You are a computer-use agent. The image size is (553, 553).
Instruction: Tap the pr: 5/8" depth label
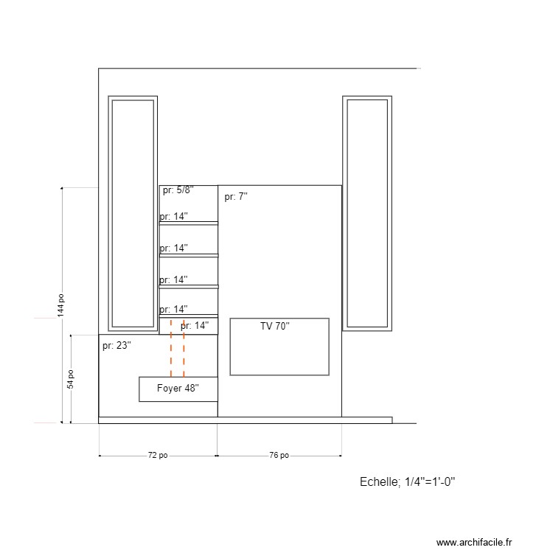(178, 190)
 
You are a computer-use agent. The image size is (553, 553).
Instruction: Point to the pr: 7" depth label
(236, 197)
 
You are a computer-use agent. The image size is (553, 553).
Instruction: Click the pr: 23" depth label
(116, 345)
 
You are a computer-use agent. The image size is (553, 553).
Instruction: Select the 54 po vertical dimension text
(70, 379)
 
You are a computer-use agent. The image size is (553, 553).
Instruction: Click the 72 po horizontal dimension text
(158, 456)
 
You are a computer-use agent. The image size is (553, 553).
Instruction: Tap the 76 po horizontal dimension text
(279, 456)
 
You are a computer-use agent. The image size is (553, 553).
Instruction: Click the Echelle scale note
(407, 482)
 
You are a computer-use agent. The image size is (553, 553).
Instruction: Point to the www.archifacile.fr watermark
(473, 542)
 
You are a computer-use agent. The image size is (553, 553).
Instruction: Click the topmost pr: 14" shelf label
(174, 217)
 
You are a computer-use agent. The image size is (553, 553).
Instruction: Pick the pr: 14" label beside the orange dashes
(195, 325)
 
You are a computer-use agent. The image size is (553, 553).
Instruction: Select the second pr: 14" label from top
(174, 248)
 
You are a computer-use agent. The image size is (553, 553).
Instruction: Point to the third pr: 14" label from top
(174, 280)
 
